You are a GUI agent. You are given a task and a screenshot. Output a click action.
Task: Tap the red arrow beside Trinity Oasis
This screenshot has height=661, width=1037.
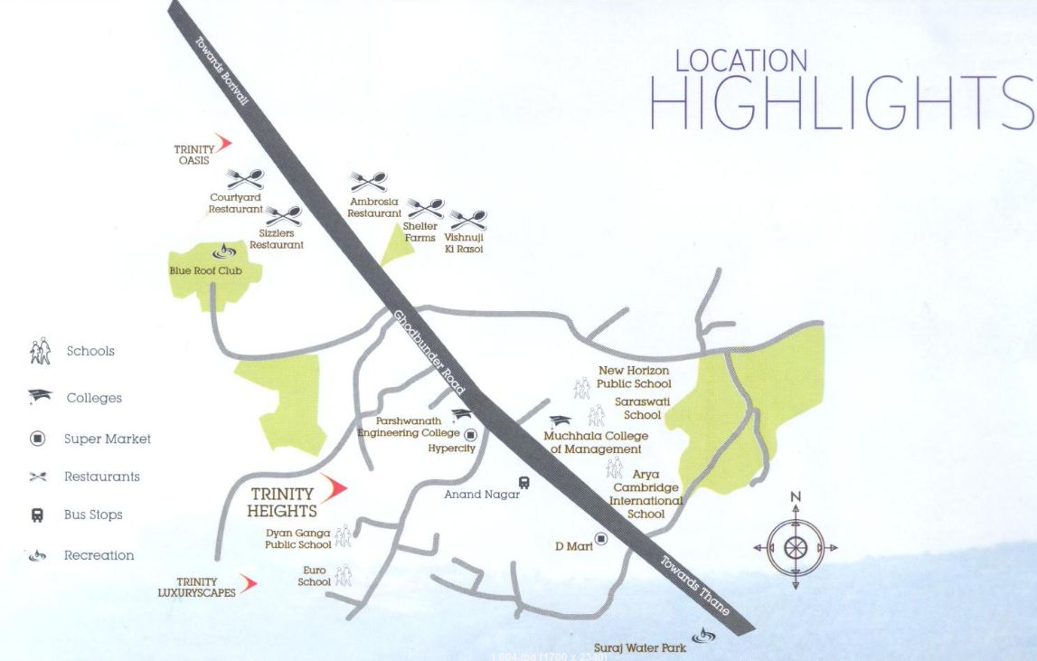pyautogui.click(x=223, y=143)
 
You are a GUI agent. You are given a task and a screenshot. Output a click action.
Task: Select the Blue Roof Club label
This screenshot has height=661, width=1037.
pyautogui.click(x=206, y=270)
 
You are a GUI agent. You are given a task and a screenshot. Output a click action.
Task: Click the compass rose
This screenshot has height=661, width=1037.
pyautogui.click(x=796, y=546)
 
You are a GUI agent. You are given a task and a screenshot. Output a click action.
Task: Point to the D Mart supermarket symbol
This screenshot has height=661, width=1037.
pyautogui.click(x=601, y=539)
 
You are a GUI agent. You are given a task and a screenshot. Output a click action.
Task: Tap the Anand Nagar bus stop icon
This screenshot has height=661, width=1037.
pyautogui.click(x=523, y=484)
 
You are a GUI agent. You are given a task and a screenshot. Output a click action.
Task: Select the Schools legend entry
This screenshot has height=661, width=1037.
pyautogui.click(x=90, y=351)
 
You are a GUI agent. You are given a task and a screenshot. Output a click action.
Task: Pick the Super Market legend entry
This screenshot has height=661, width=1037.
pyautogui.click(x=107, y=439)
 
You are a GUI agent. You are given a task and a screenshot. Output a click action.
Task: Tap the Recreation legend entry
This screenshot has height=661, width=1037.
pyautogui.click(x=99, y=556)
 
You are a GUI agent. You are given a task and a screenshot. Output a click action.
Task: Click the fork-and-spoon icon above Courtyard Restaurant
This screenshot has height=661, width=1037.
pyautogui.click(x=244, y=179)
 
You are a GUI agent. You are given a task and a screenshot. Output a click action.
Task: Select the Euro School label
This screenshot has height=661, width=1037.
pyautogui.click(x=314, y=576)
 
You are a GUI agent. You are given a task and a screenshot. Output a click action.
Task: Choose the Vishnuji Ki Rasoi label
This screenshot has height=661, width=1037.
pyautogui.click(x=464, y=243)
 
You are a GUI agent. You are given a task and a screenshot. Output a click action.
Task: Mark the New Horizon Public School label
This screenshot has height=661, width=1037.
pyautogui.click(x=635, y=377)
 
